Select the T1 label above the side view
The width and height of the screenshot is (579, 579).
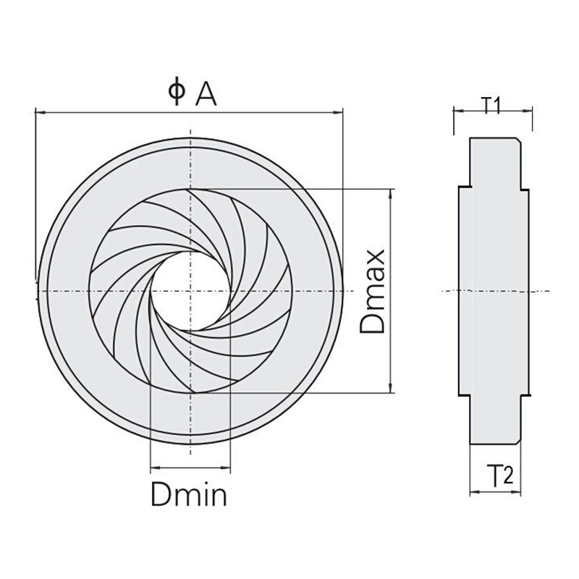[492, 106]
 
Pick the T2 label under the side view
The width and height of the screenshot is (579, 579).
[499, 477]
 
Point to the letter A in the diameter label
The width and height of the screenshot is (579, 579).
[205, 93]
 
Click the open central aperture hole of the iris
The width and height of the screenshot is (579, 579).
[190, 290]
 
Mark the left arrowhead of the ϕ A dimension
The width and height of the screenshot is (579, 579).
[39, 111]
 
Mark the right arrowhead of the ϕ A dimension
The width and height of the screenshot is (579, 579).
[338, 111]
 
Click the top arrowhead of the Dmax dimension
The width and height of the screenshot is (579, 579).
[392, 193]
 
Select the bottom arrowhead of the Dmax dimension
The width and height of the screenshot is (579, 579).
[392, 389]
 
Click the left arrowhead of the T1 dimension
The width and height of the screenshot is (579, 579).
[457, 111]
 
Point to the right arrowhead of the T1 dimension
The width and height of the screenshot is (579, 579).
[530, 111]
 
